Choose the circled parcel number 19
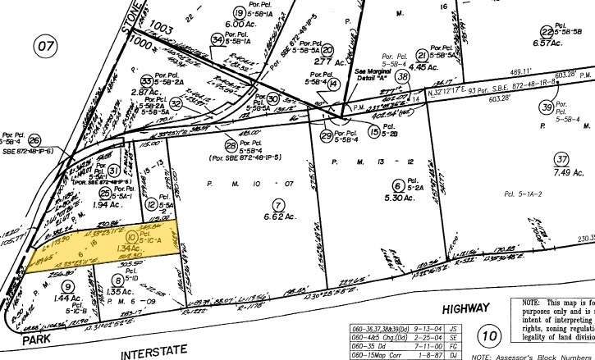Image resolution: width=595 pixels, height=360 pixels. (x=240, y=12)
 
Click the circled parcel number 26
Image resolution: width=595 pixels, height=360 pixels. (x=34, y=120)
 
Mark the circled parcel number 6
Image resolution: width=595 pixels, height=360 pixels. (x=397, y=185)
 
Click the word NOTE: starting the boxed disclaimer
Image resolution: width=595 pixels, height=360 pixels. (x=535, y=303)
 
